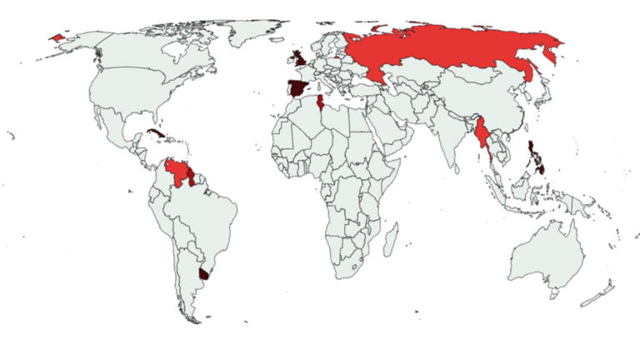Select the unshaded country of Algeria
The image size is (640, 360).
304,121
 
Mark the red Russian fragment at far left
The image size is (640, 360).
57,37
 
